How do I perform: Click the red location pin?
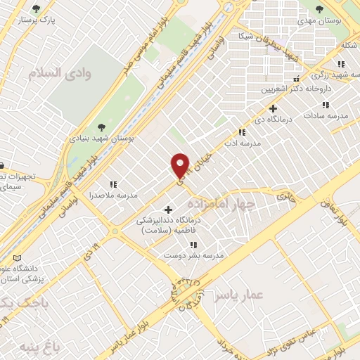coord(181,165)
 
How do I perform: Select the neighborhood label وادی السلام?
coord(56,72)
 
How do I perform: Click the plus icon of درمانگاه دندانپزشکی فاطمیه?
coord(167,210)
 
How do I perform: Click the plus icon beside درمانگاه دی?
coord(274,109)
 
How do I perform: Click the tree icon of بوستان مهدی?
coord(320,9)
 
